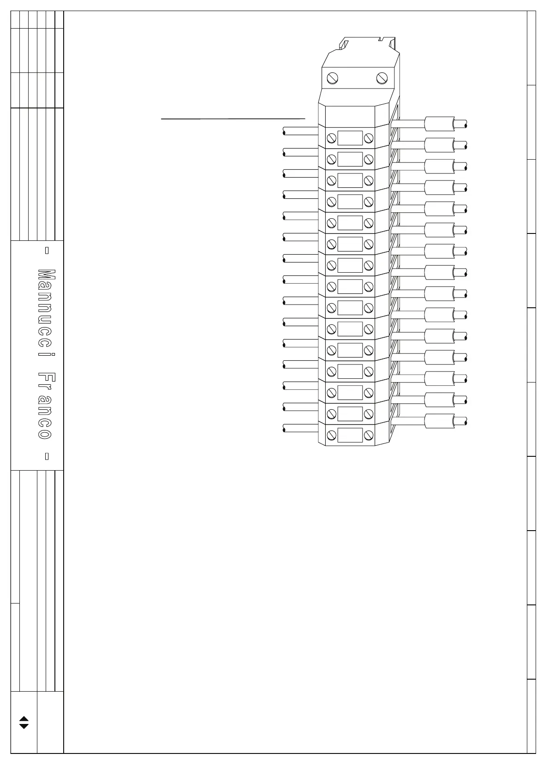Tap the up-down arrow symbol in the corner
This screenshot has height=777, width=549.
24,723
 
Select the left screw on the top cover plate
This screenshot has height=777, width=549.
333,78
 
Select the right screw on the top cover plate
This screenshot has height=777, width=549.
382,78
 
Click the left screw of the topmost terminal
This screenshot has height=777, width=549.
331,138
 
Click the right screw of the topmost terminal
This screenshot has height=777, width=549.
369,138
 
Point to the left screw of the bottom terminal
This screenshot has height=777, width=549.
331,435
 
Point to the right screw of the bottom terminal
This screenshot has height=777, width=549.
369,435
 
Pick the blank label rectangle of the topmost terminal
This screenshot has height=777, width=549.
350,138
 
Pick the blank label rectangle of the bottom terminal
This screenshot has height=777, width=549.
350,435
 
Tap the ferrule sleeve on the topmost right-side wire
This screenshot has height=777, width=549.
439,124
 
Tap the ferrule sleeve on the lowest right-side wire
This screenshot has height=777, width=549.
439,421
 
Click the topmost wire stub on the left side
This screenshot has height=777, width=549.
300,131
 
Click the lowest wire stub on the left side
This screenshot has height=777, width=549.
300,428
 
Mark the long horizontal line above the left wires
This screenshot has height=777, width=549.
233,119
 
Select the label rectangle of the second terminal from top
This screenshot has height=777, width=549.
350,159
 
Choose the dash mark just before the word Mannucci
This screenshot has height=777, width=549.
46,251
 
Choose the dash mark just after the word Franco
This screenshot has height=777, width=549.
46,456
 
